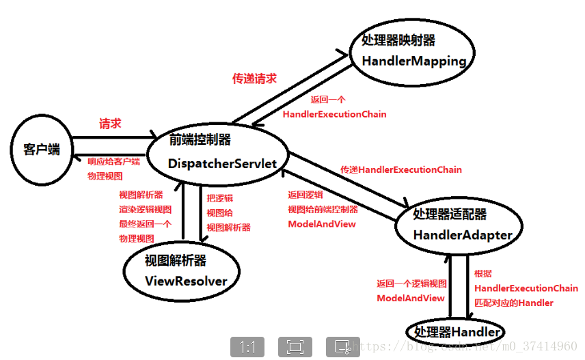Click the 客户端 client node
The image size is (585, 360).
coord(41,149)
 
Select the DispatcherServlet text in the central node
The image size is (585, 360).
coord(223,163)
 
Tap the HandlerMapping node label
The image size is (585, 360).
coord(413,61)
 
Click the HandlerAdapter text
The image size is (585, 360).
coord(463,235)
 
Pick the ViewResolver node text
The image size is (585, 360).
coord(186,280)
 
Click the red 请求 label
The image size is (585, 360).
coord(111,124)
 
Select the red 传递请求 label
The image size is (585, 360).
coord(255,79)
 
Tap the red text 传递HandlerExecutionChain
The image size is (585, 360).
coord(401,169)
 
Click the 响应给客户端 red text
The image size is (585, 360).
coord(113,162)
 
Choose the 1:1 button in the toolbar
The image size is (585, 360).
coord(247,347)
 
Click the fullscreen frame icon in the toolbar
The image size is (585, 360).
coord(295,347)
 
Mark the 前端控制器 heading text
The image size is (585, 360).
coord(200,140)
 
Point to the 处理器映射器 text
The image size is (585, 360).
coord(398,41)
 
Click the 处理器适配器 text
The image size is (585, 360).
coord(450,214)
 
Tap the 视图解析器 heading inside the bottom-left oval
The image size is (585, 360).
coord(176,260)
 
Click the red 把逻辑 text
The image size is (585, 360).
coord(220,197)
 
